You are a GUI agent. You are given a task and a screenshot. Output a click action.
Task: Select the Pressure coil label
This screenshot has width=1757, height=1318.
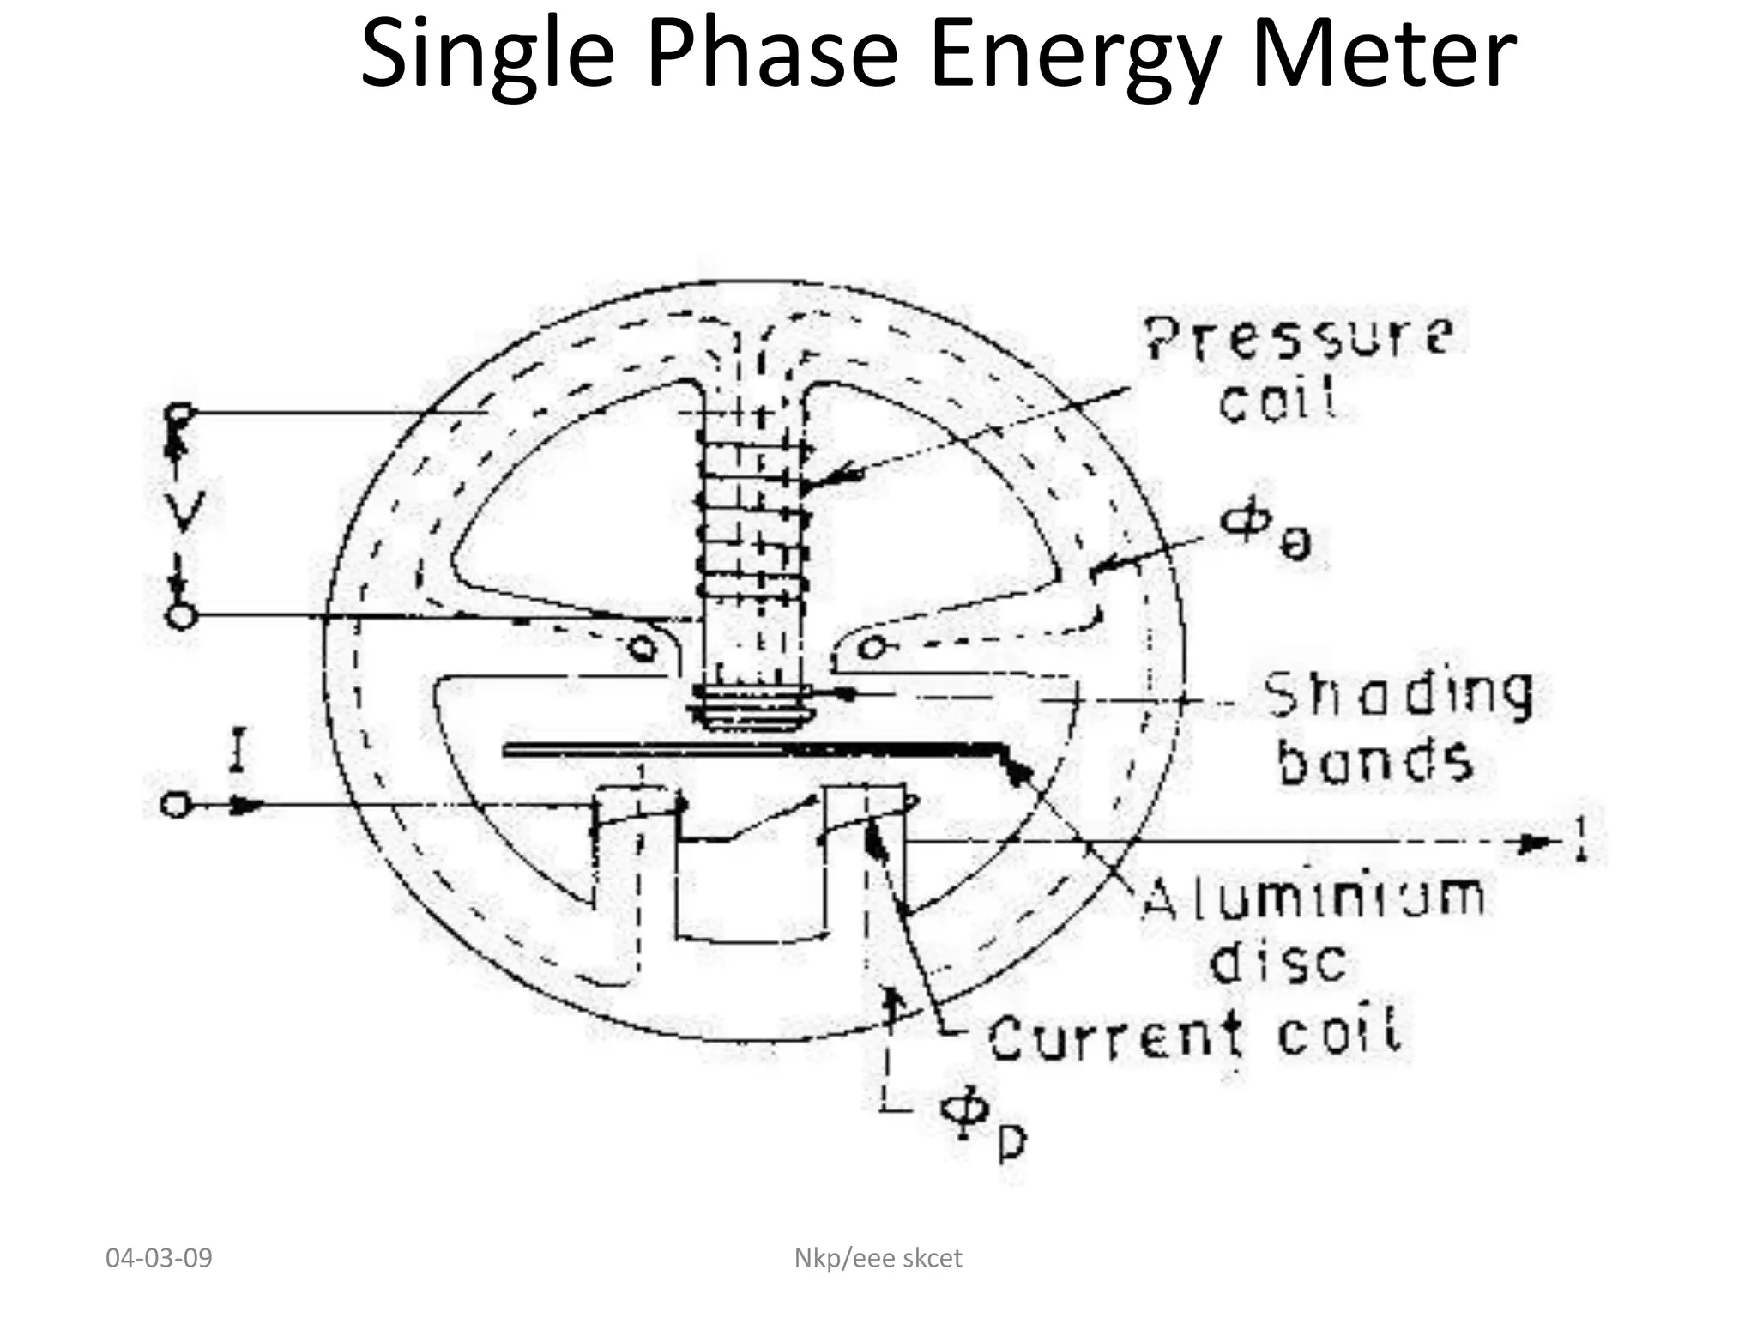point(1295,369)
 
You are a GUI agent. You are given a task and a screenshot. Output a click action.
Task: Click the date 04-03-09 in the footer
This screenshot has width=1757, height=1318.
point(159,1258)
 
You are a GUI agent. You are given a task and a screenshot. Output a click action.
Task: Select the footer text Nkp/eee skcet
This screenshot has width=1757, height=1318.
point(878,1258)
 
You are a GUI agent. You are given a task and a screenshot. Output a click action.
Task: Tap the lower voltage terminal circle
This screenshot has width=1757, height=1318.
point(181,616)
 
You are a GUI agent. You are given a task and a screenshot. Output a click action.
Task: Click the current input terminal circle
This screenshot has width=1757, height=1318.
point(174,805)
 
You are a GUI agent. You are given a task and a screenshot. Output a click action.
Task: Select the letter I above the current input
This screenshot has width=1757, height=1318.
point(238,750)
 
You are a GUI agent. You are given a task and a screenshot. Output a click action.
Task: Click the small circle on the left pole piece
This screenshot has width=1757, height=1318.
point(641,648)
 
